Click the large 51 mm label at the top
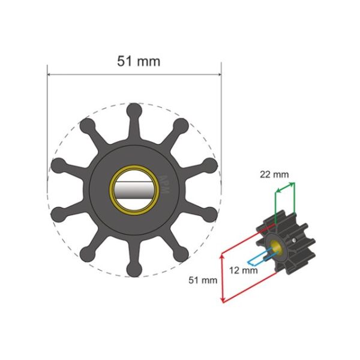(135, 61)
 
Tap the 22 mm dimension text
(273, 175)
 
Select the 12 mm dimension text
(244, 271)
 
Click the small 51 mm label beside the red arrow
(202, 280)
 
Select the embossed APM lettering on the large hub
(166, 182)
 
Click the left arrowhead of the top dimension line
(50, 76)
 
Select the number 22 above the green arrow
(265, 175)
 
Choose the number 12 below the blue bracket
(236, 271)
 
